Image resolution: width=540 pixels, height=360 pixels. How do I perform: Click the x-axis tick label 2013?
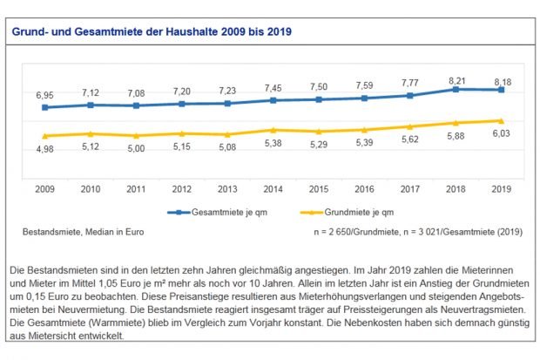226,187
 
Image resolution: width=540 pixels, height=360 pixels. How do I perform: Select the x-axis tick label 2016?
362,187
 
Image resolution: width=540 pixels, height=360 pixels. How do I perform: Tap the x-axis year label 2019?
499,187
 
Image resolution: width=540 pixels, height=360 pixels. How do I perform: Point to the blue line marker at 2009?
44,107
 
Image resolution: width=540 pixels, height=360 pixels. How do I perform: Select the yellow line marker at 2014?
272,130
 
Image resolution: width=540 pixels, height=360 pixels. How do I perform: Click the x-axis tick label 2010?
89,187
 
